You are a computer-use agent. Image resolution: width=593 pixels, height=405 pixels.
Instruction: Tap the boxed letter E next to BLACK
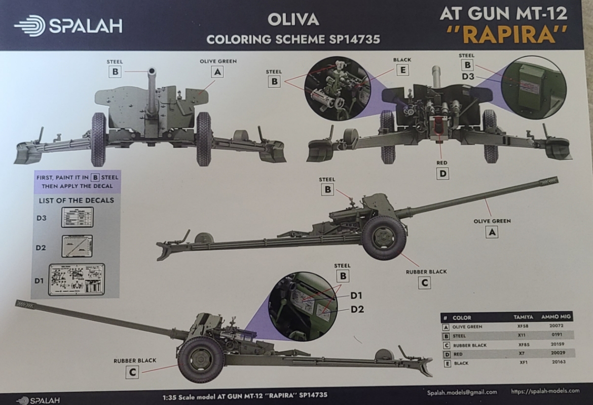coord(402,70)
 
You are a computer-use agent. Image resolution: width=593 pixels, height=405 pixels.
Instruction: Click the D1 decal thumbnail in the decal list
coord(76,279)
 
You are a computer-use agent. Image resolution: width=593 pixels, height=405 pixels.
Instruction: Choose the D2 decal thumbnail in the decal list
coord(77,246)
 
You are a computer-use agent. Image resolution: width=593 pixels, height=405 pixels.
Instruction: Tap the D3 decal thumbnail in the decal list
coord(77,217)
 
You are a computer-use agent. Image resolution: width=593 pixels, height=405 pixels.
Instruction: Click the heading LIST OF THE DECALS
coord(77,200)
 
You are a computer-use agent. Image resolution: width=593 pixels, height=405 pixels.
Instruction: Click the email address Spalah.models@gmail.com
coord(461,392)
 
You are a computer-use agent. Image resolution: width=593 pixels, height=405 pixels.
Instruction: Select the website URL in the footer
coord(545,391)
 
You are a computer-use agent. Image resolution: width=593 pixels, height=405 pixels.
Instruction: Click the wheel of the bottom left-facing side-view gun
coord(201,359)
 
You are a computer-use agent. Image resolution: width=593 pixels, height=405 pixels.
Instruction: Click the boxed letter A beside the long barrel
coord(492,232)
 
